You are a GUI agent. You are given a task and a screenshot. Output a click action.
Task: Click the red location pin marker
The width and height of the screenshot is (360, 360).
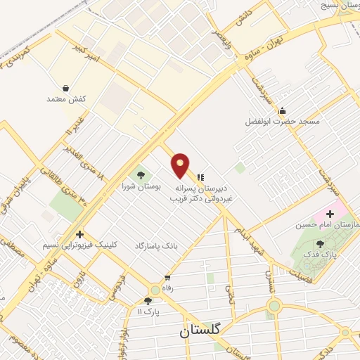pos(181,165)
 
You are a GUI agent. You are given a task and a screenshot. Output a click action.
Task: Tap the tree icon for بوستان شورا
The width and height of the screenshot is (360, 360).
pos(141,175)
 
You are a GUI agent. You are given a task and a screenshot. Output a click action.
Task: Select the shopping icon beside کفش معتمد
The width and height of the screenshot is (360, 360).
pos(65,89)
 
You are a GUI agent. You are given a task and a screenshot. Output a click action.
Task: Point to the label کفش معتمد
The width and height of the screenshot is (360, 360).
pos(65,99)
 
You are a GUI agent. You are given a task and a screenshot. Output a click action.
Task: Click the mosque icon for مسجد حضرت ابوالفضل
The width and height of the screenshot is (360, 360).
pos(282,110)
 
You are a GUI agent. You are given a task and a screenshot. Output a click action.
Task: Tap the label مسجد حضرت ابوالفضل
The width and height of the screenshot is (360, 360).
pos(282,121)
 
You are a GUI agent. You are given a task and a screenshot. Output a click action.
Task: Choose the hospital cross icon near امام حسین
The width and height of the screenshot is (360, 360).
pos(330,213)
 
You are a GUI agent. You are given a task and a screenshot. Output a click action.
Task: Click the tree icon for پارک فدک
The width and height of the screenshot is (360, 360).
pos(321,243)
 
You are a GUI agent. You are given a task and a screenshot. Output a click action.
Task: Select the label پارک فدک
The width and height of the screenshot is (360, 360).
pos(321,255)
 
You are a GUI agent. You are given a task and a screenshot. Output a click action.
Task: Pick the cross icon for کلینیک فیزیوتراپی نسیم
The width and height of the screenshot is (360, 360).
pos(80,234)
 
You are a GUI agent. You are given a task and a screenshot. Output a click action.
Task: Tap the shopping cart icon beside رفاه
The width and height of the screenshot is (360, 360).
pos(167,278)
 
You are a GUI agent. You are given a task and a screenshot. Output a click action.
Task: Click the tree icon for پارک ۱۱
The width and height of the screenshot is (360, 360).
pos(148,300)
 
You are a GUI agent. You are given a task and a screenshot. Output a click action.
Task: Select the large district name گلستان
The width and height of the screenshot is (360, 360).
pos(200,329)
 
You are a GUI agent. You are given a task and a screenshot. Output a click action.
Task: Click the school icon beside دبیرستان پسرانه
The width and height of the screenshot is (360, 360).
pos(200,177)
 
